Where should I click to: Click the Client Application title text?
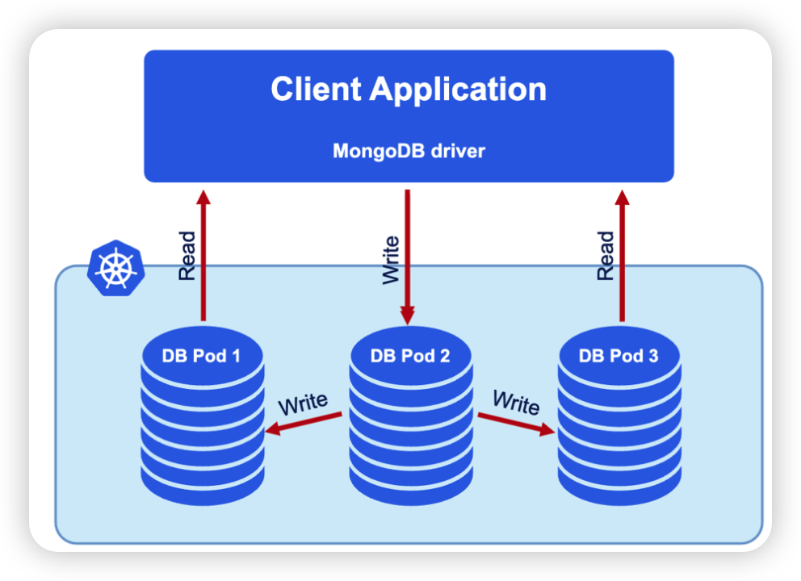click(x=408, y=90)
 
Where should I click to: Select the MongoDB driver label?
click(x=408, y=151)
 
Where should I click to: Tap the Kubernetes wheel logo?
click(x=114, y=266)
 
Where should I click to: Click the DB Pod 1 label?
click(x=201, y=356)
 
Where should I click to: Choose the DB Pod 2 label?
click(x=409, y=356)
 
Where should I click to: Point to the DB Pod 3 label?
click(x=619, y=356)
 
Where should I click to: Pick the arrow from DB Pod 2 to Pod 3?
click(x=516, y=424)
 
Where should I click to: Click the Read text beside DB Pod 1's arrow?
click(x=187, y=256)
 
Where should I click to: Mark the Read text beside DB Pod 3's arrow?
click(x=605, y=256)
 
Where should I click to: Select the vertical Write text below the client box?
click(x=391, y=259)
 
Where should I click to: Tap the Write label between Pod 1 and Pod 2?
click(x=303, y=403)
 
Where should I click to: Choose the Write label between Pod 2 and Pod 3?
click(x=516, y=402)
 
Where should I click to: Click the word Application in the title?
click(x=459, y=90)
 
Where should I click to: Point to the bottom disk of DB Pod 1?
click(x=202, y=484)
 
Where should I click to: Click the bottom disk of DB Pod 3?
click(x=619, y=484)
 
